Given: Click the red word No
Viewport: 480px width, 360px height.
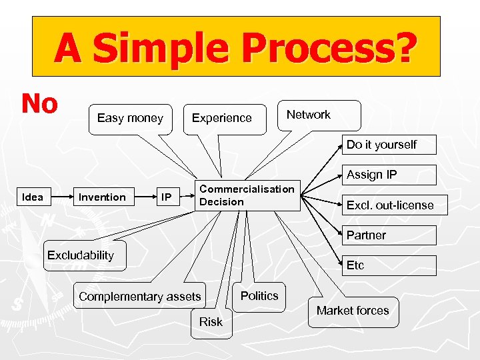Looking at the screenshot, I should pyautogui.click(x=40, y=103).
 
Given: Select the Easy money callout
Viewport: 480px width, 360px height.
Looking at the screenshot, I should pyautogui.click(x=130, y=118).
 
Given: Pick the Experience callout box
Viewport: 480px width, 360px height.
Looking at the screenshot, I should pyautogui.click(x=222, y=118).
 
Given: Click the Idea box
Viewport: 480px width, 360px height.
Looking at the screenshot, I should pyautogui.click(x=33, y=197).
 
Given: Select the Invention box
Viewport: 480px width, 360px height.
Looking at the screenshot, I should pyautogui.click(x=102, y=197).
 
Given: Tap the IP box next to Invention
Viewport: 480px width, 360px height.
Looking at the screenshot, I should pyautogui.click(x=167, y=197).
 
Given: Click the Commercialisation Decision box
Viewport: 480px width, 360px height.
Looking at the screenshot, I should pyautogui.click(x=247, y=195).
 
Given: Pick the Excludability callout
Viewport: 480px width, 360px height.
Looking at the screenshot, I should pyautogui.click(x=81, y=255).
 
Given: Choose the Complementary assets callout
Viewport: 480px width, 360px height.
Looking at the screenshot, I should pyautogui.click(x=140, y=297).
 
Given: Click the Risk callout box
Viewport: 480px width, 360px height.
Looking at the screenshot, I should pyautogui.click(x=211, y=322).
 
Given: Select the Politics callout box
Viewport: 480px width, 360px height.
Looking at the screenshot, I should pyautogui.click(x=260, y=296).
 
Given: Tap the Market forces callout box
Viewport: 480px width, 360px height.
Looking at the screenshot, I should pyautogui.click(x=353, y=311).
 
